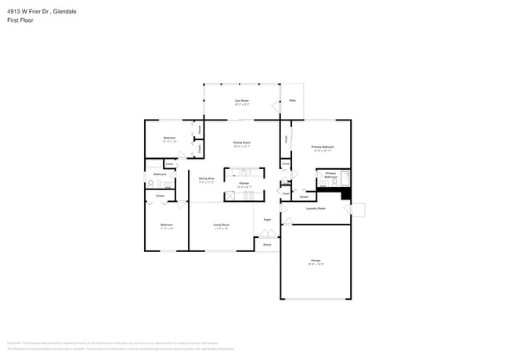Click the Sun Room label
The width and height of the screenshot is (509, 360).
(242, 102)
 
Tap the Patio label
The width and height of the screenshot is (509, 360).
(292, 100)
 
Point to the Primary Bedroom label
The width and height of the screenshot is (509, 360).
(323, 148)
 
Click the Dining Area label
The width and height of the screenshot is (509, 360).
(207, 180)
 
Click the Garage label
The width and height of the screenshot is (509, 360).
(316, 261)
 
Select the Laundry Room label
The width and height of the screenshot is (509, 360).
(316, 208)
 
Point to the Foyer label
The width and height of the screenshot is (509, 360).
(267, 220)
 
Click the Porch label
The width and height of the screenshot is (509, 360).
(267, 244)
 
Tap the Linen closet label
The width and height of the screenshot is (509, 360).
(170, 164)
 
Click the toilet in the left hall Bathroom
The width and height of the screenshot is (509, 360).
(150, 184)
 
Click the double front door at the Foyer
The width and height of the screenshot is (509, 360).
(267, 234)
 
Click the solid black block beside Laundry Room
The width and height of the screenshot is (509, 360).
(345, 195)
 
